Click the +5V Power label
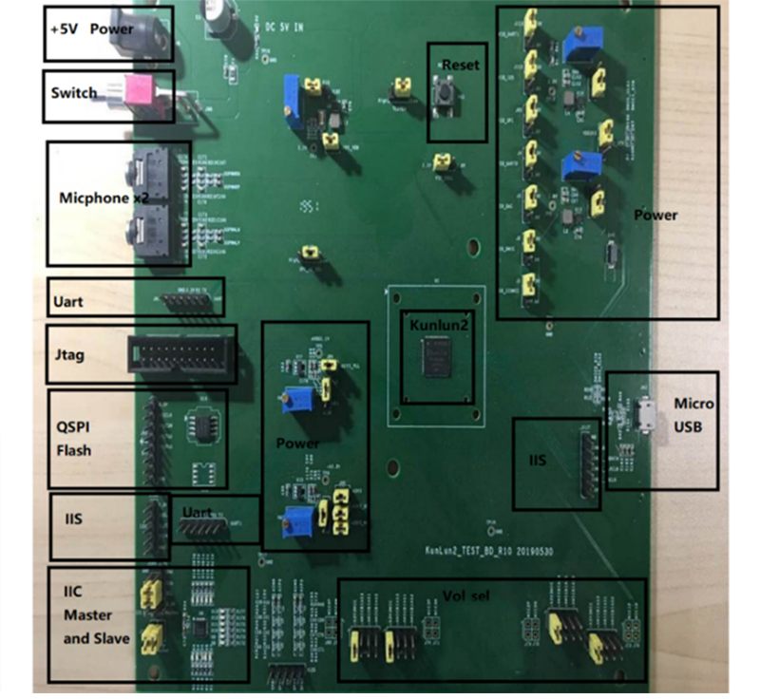tap(92, 28)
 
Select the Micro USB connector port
tap(649, 419)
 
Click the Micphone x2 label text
tap(97, 197)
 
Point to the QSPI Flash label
tap(74, 438)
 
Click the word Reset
tap(462, 65)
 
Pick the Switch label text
tap(74, 93)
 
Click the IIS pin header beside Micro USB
tap(586, 461)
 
